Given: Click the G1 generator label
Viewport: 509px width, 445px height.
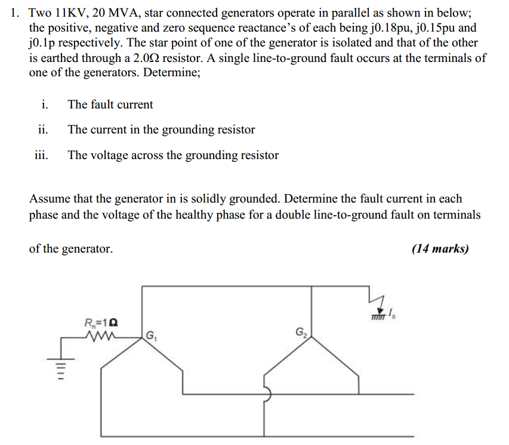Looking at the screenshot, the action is point(150,335).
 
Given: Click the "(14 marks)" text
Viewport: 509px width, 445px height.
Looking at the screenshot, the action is point(440,249).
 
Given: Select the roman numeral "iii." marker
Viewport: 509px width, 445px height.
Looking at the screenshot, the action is point(41,155).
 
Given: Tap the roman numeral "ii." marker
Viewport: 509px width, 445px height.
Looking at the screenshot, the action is point(42,130).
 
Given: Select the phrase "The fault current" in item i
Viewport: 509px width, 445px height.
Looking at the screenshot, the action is point(110,105).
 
